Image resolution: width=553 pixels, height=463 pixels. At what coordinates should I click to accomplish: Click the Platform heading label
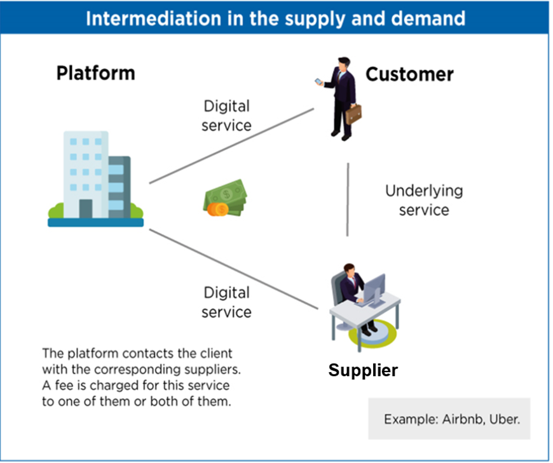(95, 73)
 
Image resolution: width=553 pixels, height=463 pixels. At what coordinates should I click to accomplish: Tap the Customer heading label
(409, 74)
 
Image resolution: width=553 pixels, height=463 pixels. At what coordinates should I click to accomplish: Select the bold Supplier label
(363, 370)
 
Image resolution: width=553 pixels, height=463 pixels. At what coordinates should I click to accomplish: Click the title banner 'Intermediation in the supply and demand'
(275, 18)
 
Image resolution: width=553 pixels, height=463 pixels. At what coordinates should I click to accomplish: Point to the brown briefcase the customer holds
(353, 113)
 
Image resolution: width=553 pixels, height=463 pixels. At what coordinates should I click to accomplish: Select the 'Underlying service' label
(424, 200)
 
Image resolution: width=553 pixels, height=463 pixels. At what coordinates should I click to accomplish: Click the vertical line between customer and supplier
(348, 199)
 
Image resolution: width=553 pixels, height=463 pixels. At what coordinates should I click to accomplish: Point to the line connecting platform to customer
(231, 145)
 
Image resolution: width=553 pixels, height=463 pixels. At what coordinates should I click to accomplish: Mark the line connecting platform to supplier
(233, 269)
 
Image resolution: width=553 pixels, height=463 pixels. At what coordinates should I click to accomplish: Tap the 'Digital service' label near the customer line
(226, 116)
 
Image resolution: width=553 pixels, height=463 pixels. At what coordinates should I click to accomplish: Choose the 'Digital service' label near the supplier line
(227, 302)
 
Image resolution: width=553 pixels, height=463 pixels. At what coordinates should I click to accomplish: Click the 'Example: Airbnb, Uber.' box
(449, 419)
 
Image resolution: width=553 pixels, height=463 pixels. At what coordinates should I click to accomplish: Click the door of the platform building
(85, 208)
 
